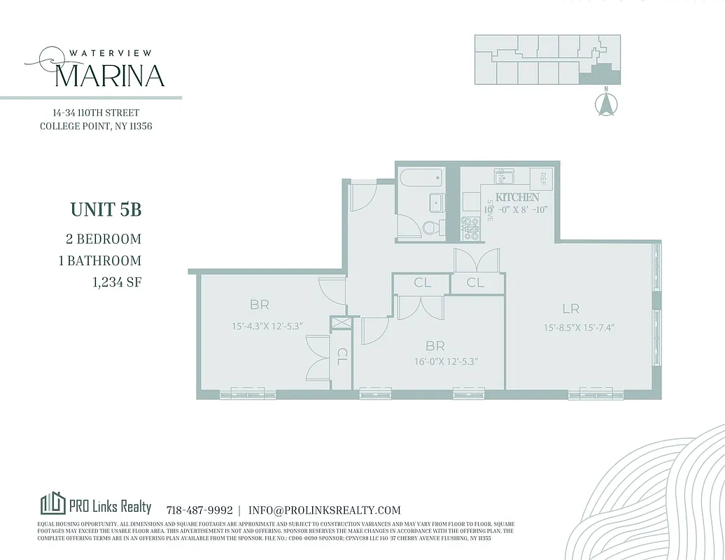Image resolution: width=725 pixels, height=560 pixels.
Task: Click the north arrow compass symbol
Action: [x=606, y=104]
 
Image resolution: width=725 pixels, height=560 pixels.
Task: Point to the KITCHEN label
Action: [x=517, y=197]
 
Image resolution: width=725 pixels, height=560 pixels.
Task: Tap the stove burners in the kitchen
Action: [x=471, y=228]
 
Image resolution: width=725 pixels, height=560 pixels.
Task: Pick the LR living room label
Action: [x=570, y=308]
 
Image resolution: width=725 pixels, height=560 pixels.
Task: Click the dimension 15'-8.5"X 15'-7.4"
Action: [x=579, y=327]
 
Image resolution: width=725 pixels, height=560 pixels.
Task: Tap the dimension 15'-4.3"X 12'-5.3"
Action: [x=269, y=326]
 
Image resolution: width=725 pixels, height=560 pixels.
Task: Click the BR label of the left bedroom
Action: [x=260, y=305]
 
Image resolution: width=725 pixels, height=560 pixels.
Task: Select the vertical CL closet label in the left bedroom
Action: [x=342, y=358]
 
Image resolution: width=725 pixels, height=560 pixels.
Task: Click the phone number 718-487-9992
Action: [x=199, y=510]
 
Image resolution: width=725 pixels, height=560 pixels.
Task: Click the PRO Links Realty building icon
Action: [x=52, y=503]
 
